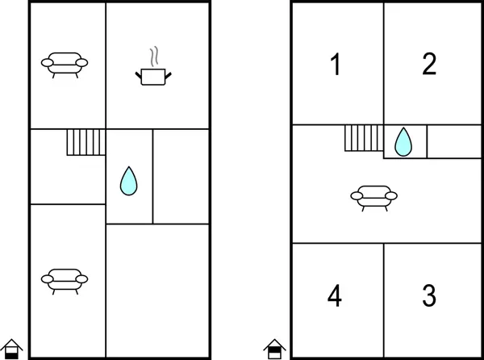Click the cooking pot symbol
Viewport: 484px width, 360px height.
pyautogui.click(x=153, y=77)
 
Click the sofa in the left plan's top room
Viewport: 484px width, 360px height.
pyautogui.click(x=65, y=62)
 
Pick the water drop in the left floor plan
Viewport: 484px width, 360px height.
pyautogui.click(x=127, y=180)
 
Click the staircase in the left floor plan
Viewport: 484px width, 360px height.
pyautogui.click(x=86, y=142)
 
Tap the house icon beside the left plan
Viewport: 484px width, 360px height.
pyautogui.click(x=10, y=348)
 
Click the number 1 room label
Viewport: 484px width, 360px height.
pyautogui.click(x=336, y=65)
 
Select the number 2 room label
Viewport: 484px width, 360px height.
pyautogui.click(x=429, y=65)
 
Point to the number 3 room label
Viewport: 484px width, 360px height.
pyautogui.click(x=429, y=295)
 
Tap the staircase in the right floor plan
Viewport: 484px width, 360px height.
pyautogui.click(x=363, y=138)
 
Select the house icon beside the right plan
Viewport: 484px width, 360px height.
pyautogui.click(x=273, y=348)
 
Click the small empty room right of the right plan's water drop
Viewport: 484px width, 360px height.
pyautogui.click(x=449, y=141)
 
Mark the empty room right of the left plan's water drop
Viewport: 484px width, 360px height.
pyautogui.click(x=181, y=176)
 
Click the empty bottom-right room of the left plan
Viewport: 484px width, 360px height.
pyautogui.click(x=158, y=291)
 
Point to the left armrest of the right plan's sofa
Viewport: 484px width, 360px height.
pyautogui.click(x=356, y=195)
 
